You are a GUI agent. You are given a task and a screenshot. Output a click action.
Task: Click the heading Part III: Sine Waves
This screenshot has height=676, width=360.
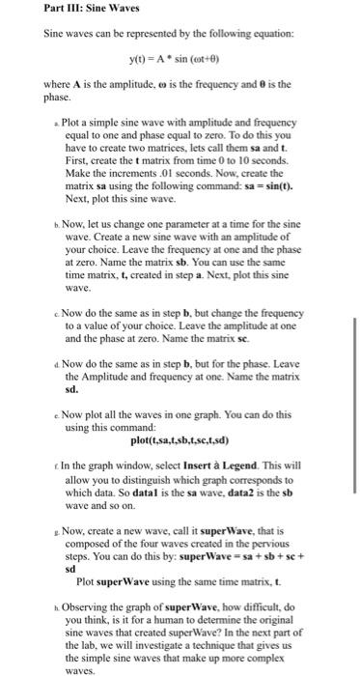[77, 9]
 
